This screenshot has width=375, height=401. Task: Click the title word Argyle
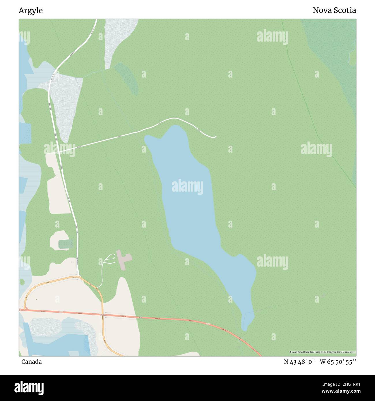31,11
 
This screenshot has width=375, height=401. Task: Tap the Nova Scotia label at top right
334,11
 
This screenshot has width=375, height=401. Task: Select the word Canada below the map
31,362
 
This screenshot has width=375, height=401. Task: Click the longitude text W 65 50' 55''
337,362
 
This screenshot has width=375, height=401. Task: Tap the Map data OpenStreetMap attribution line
322,352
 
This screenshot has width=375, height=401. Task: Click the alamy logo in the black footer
29,387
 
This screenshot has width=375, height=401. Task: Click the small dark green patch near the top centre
127,78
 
